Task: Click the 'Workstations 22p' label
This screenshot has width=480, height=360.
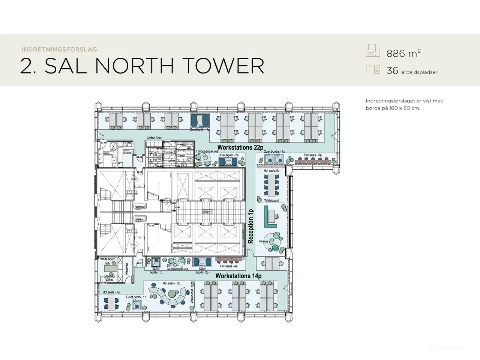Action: pyautogui.click(x=240, y=147)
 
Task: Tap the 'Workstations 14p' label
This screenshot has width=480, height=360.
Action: pyautogui.click(x=238, y=276)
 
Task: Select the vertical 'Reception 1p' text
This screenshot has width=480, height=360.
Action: pyautogui.click(x=251, y=226)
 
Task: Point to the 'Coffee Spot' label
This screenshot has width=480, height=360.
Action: pyautogui.click(x=154, y=138)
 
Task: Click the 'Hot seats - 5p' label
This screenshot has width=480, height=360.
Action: pyautogui.click(x=312, y=155)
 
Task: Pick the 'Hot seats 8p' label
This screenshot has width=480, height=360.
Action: pyautogui.click(x=271, y=171)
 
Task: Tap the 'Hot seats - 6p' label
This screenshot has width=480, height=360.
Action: pyautogui.click(x=171, y=283)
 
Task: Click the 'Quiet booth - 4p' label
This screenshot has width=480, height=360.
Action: pyautogui.click(x=199, y=130)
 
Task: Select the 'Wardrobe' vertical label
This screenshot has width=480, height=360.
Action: pyautogui.click(x=127, y=268)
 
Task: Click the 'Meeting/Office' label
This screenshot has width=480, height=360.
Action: pyautogui.click(x=109, y=278)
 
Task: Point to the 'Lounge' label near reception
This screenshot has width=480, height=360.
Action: pyautogui.click(x=263, y=241)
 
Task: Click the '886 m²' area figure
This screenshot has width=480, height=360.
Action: pyautogui.click(x=403, y=53)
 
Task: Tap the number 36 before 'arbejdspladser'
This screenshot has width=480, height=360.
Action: pyautogui.click(x=392, y=70)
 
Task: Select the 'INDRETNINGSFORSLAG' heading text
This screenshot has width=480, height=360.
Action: pyautogui.click(x=59, y=49)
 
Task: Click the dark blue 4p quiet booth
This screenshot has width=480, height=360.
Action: pyautogui.click(x=199, y=121)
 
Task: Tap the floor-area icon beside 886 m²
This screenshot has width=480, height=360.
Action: pyautogui.click(x=373, y=51)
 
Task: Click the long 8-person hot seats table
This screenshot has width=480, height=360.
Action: pyautogui.click(x=271, y=185)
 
